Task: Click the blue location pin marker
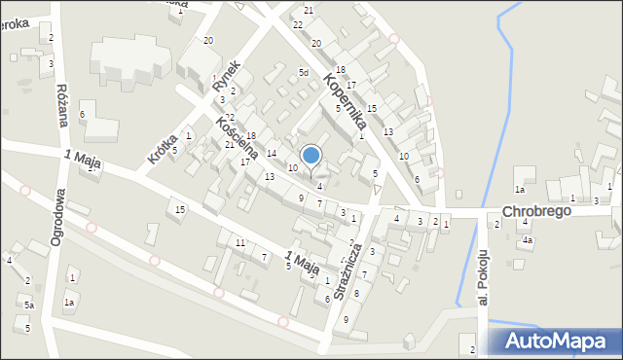[x=311, y=156]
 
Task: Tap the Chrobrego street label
[x=534, y=211]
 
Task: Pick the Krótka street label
[x=162, y=145]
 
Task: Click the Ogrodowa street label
[x=57, y=215]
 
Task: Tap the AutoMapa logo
[x=553, y=342]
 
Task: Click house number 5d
[x=304, y=73]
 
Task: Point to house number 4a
[x=527, y=239]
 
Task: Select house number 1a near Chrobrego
[x=520, y=190]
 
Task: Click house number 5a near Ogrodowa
[x=29, y=306]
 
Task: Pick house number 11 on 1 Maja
[x=240, y=242]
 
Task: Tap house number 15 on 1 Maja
[x=179, y=210]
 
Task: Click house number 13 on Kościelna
[x=270, y=176]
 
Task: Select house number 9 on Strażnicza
[x=346, y=334]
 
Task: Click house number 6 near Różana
[x=83, y=115]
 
